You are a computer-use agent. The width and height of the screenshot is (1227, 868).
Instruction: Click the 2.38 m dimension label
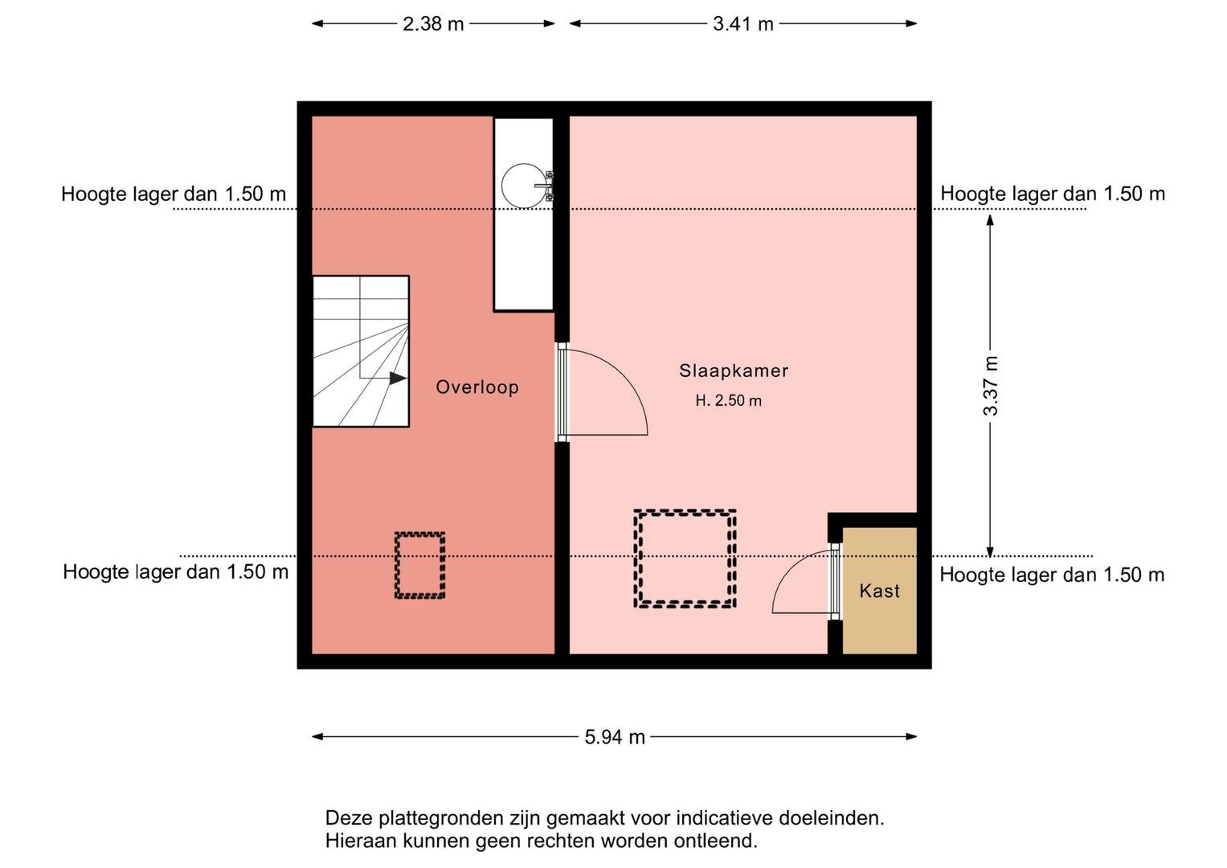pyautogui.click(x=433, y=24)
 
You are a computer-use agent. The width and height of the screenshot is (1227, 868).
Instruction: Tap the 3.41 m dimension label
pyautogui.click(x=742, y=24)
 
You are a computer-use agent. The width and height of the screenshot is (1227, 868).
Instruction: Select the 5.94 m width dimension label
pyautogui.click(x=615, y=737)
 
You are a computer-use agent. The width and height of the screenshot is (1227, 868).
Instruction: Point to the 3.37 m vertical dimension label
pyautogui.click(x=991, y=386)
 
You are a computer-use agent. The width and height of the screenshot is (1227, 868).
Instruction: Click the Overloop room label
pyautogui.click(x=477, y=387)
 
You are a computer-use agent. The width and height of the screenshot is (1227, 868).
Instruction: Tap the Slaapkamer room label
pyautogui.click(x=734, y=371)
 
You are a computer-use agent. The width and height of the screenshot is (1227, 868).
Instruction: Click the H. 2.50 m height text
pyautogui.click(x=729, y=400)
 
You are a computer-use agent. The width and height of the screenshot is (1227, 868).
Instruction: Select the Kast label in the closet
pyautogui.click(x=879, y=591)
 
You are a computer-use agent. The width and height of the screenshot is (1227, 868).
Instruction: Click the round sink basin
pyautogui.click(x=524, y=186)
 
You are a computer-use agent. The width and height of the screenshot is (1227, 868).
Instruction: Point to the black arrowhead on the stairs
pyautogui.click(x=399, y=378)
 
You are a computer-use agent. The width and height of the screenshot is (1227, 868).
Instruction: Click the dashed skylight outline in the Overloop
pyautogui.click(x=420, y=533)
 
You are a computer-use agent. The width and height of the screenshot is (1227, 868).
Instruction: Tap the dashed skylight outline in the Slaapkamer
pyautogui.click(x=685, y=512)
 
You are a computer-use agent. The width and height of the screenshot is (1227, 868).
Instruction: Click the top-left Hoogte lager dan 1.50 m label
pyautogui.click(x=173, y=194)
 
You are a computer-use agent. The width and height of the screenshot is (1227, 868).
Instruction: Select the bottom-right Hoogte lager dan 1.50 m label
pyautogui.click(x=1052, y=575)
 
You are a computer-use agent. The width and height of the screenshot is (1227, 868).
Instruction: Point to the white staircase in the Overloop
pyautogui.click(x=361, y=351)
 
